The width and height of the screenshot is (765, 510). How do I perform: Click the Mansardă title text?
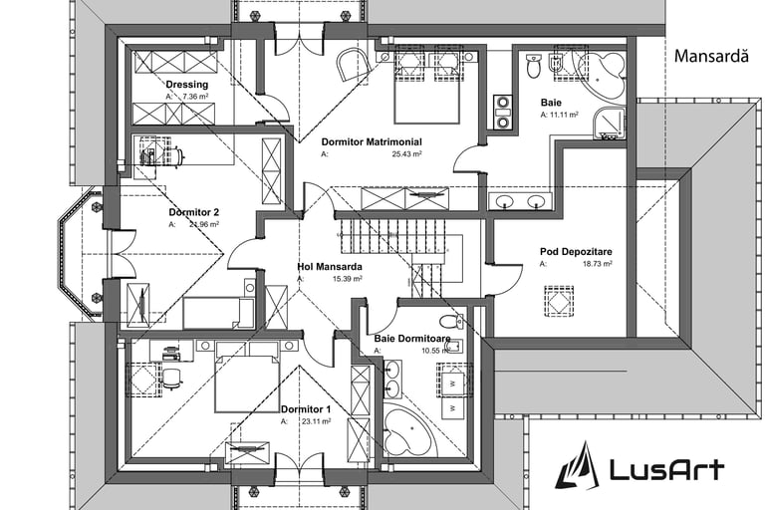tap(710, 57)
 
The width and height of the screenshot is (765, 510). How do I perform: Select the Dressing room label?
tap(187, 85)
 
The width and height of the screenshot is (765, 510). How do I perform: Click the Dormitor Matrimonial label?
tap(372, 141)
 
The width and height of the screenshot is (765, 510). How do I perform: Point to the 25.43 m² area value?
tap(406, 155)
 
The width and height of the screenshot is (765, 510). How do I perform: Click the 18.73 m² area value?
tap(597, 265)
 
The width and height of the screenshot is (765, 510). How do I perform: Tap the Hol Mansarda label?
tap(329, 267)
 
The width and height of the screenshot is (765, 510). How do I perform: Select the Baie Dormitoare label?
tap(412, 340)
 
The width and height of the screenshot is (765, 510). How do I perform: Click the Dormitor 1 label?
tap(306, 409)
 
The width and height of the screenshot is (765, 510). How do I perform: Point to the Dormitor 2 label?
tap(194, 211)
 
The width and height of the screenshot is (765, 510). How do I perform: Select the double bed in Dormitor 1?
tap(246, 376)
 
